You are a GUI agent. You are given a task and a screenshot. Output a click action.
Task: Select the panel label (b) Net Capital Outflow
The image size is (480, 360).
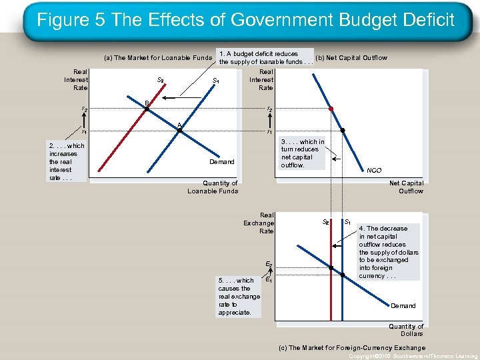point(351,58)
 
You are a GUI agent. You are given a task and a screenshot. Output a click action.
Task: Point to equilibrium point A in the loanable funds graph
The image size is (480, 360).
point(179,131)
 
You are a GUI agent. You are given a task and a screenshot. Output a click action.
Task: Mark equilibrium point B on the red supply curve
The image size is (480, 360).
point(147,108)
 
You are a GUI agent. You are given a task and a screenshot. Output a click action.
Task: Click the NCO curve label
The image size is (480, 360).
point(374,170)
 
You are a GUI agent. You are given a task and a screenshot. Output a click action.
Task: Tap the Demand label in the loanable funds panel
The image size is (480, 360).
point(222,161)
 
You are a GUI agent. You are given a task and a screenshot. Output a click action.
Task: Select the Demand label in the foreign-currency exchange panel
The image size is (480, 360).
point(403,306)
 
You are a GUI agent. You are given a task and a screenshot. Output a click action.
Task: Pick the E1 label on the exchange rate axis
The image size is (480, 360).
point(269,281)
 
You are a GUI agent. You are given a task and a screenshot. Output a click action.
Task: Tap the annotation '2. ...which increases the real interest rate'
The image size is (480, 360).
point(67,161)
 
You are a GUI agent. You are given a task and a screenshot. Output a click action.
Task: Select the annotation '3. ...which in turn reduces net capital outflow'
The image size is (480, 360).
point(302,153)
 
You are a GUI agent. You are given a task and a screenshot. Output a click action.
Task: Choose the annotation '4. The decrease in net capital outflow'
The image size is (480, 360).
point(389,252)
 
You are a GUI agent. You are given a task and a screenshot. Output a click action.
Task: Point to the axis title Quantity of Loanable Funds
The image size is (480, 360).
point(213,187)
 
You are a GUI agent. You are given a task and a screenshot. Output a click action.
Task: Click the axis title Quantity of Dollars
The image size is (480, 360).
point(406,330)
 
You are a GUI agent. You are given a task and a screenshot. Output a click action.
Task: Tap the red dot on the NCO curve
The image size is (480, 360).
point(330,108)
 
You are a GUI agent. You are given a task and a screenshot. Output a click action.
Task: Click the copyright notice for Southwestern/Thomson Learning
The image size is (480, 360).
point(414,356)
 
